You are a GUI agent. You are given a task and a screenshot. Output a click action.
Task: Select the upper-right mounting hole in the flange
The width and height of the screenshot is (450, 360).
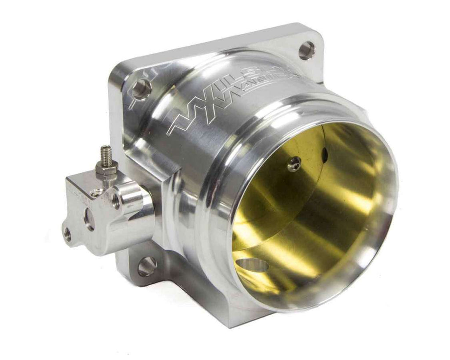[x=306, y=50]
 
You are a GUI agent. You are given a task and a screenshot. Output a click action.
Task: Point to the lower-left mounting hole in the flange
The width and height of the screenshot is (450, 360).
[x=146, y=266]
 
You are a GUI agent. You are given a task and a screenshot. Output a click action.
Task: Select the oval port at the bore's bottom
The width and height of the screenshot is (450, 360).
[x=252, y=265]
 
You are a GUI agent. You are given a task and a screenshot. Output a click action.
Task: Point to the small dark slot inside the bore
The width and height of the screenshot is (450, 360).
[x=325, y=153]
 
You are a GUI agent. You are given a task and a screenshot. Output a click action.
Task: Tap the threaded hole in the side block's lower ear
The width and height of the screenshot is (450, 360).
[x=67, y=234]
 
